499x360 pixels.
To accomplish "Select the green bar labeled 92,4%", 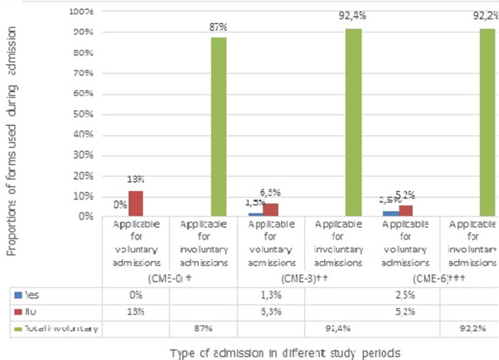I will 352,122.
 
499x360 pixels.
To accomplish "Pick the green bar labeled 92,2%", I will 486,122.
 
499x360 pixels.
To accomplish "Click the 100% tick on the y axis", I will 82,12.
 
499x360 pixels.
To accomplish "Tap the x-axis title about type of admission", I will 264,351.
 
